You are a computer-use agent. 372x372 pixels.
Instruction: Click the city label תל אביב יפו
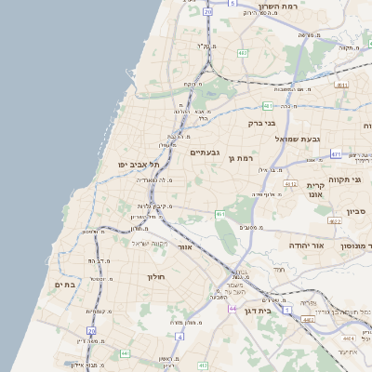(136, 164)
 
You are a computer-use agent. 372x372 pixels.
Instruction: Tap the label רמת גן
(239, 159)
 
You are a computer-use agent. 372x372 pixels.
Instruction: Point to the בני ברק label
(262, 122)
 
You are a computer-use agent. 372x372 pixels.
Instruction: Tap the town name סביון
(356, 211)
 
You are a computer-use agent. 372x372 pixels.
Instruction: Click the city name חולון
(154, 277)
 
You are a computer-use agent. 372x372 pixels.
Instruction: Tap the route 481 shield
(267, 106)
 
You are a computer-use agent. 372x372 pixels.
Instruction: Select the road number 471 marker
(336, 153)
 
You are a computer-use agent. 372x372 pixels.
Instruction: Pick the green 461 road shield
(220, 214)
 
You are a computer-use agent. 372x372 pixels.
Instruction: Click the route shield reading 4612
(290, 184)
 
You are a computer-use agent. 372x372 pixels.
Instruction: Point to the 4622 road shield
(334, 221)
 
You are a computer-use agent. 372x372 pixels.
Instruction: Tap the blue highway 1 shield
(288, 309)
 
